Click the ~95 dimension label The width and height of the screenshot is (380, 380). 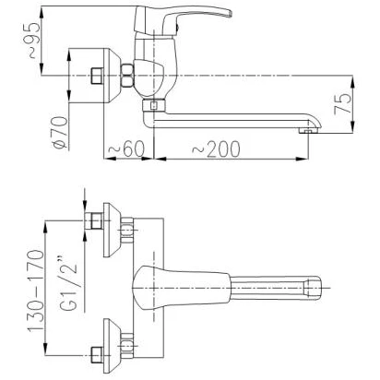31,40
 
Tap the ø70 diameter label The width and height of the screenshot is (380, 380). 60,132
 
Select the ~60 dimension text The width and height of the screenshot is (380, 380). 126,148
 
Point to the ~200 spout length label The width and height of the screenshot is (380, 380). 216,148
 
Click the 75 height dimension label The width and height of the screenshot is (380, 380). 342,103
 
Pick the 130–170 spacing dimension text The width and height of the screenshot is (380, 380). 36,291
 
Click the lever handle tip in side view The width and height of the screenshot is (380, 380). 228,13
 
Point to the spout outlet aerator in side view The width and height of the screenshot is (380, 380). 307,131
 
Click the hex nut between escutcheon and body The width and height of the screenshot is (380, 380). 127,75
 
